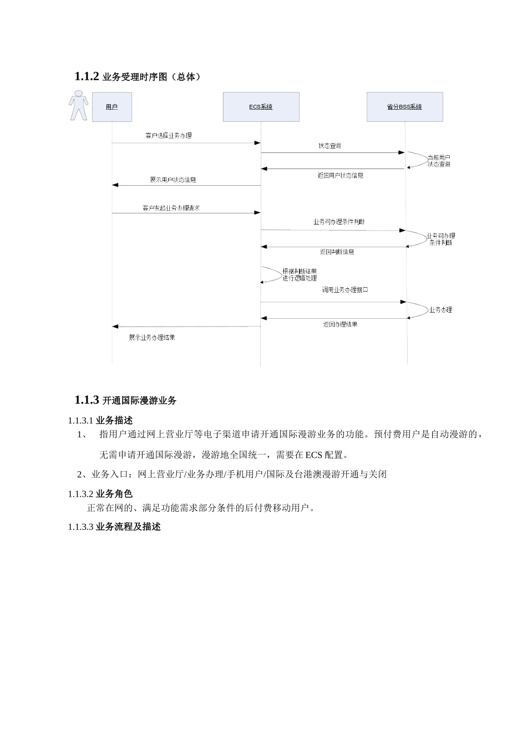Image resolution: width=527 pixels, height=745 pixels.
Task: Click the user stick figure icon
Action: (78, 106)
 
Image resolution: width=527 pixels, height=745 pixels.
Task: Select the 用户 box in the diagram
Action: (112, 107)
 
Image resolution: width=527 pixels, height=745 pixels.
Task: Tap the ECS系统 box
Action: (261, 107)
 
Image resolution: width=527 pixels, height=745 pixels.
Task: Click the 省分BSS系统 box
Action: (404, 107)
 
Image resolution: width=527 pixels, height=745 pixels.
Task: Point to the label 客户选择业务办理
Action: (169, 135)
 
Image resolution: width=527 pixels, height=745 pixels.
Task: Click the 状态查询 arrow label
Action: (330, 146)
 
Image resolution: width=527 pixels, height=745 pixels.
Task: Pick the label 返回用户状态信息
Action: (341, 176)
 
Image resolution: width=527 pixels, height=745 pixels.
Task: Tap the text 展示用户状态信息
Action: (173, 180)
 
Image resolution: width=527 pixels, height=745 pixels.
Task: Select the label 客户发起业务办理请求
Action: (171, 208)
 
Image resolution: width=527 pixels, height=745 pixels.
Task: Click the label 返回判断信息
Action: (337, 252)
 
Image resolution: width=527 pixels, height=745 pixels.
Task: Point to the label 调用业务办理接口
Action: (345, 290)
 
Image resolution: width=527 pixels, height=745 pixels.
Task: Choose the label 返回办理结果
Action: (340, 324)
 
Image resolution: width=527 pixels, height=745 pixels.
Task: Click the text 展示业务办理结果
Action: (152, 338)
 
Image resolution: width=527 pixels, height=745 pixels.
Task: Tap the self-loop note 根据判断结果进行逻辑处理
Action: (300, 275)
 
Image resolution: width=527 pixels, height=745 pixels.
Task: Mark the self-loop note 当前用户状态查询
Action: (439, 161)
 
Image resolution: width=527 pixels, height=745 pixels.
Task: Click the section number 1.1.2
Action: (87, 76)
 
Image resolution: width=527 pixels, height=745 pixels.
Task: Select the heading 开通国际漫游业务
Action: (139, 400)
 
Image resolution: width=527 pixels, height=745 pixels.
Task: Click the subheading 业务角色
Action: (114, 494)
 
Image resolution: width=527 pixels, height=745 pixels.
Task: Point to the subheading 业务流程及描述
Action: (128, 527)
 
